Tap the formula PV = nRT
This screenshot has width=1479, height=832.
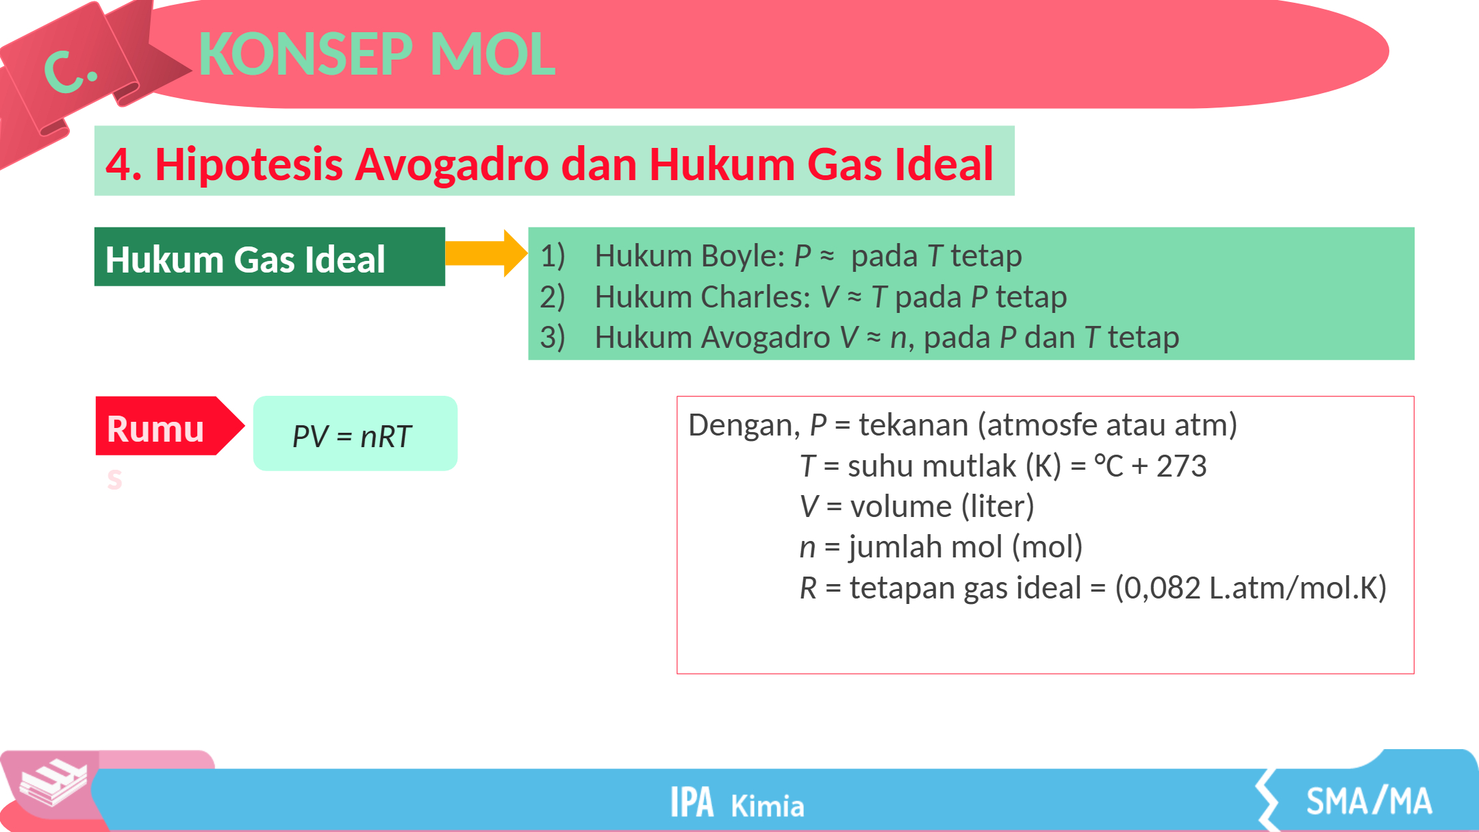[x=352, y=436]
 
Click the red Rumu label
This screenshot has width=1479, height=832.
[x=155, y=429]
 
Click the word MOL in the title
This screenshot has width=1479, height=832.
[x=492, y=54]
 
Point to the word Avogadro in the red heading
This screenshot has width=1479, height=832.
[x=452, y=164]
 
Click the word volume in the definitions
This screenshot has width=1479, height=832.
[x=901, y=507]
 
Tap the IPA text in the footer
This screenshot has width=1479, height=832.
[x=692, y=802]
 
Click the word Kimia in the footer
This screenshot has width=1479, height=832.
[x=767, y=806]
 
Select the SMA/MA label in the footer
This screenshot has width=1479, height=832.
[x=1369, y=801]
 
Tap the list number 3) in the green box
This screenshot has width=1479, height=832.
[x=553, y=337]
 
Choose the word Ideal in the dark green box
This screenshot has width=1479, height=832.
[x=345, y=260]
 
